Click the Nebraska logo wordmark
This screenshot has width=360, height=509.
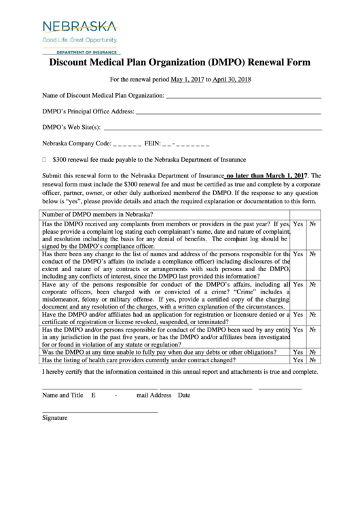tap(79, 27)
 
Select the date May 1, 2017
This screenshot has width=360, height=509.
tap(187, 80)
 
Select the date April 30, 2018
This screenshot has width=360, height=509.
tap(232, 80)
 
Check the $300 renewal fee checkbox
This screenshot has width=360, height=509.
tap(44, 160)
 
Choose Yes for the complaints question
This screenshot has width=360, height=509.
tap(298, 224)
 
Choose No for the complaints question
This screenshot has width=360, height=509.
tap(312, 224)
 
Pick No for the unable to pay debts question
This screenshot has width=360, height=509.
tap(312, 353)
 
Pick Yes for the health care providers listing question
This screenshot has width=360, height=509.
tap(298, 361)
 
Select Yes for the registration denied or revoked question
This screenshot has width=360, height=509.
tap(298, 315)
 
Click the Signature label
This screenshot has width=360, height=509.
tap(54, 418)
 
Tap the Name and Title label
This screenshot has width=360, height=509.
tap(62, 395)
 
